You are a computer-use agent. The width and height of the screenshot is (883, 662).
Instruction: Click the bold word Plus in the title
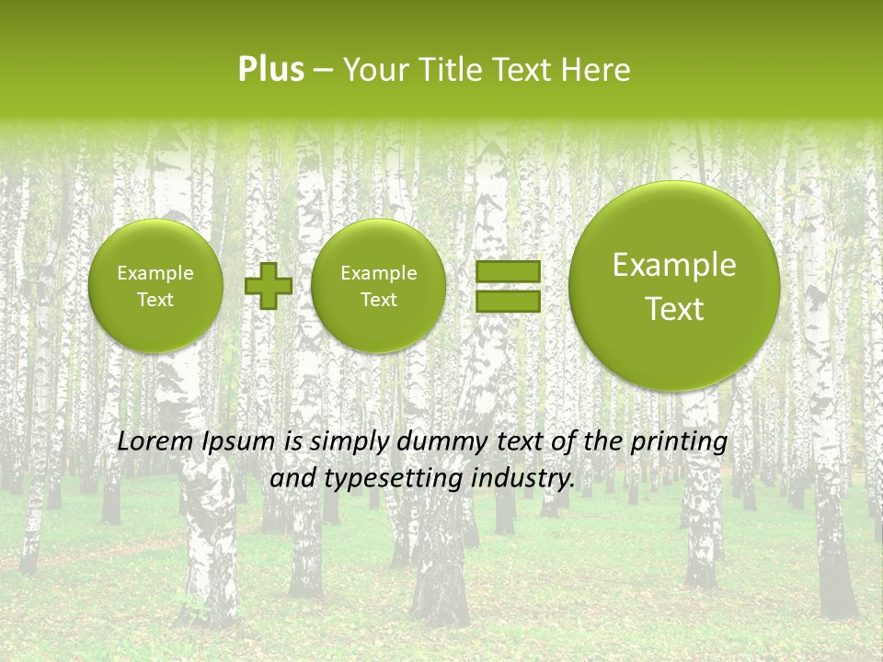[270, 70]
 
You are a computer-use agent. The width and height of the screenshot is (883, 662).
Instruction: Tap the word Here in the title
[598, 70]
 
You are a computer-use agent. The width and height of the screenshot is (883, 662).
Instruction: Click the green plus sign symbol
[268, 286]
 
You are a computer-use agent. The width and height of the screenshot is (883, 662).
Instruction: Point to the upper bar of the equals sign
[508, 271]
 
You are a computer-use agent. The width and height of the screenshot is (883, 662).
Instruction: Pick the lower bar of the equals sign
[508, 301]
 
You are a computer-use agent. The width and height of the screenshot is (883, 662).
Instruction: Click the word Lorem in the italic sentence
[154, 441]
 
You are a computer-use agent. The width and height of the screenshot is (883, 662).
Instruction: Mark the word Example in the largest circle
[674, 265]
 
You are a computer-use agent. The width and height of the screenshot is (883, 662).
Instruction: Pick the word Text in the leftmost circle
[155, 300]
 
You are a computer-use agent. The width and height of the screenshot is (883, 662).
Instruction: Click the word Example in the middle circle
[378, 273]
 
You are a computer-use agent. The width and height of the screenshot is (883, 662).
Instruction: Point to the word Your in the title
[373, 70]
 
